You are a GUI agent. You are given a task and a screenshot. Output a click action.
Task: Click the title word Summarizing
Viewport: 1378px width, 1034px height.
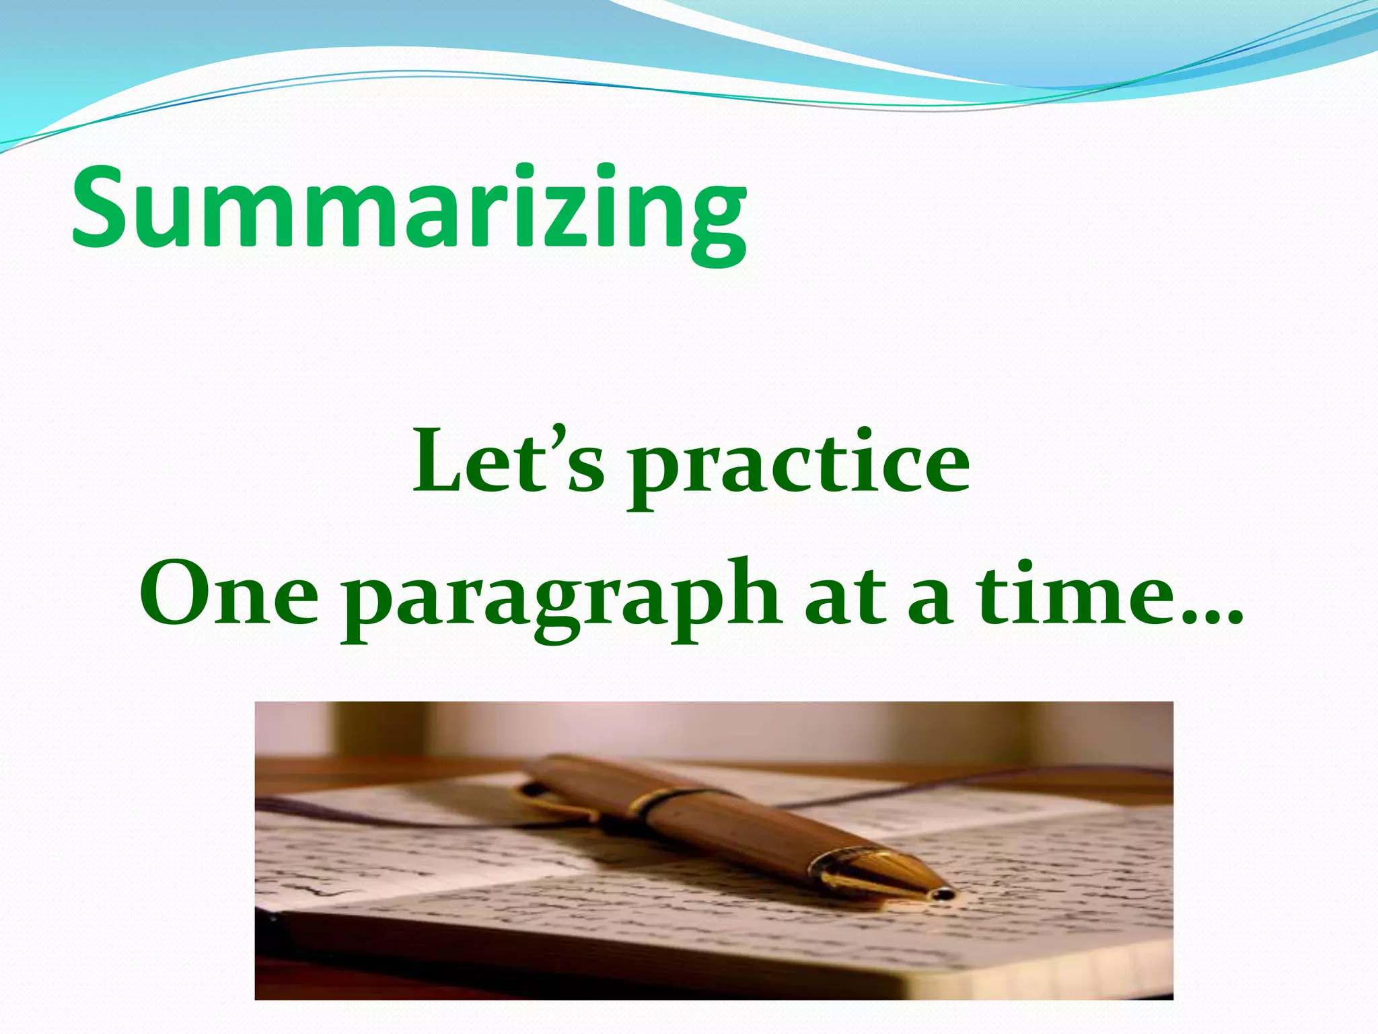coord(408,209)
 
